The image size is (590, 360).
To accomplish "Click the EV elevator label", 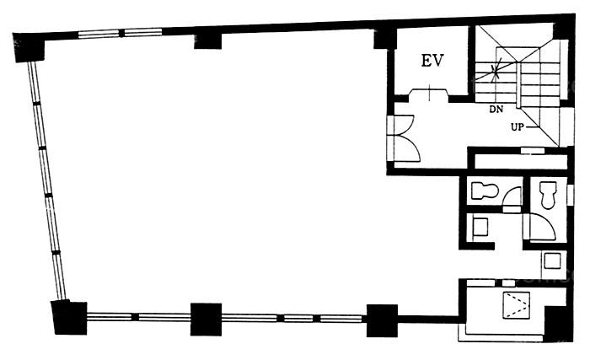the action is coord(432,61).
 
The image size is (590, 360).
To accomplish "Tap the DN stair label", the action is coord(496,110).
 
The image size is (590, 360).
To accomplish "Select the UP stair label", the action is coord(518,127).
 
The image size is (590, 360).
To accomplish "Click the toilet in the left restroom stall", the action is coord(485,191).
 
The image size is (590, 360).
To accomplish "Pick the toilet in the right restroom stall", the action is coord(548,195).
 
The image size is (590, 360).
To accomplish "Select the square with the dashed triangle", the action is coord(516,304).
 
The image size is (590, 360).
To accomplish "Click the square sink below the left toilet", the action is coord(480,227).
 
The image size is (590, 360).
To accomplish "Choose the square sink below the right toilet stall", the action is coord(552,261).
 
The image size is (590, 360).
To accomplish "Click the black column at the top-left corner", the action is coord(29,47).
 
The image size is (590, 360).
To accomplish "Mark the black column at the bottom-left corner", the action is coord(70,317).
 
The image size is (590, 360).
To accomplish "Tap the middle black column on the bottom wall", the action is coord(206,319).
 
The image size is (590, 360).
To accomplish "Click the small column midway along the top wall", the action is coord(207,41).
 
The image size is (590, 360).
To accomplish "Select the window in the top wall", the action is coord(120,33).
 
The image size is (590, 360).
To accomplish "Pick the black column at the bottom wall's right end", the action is coord(382,320).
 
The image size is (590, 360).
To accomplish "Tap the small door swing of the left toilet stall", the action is coord(512,197).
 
